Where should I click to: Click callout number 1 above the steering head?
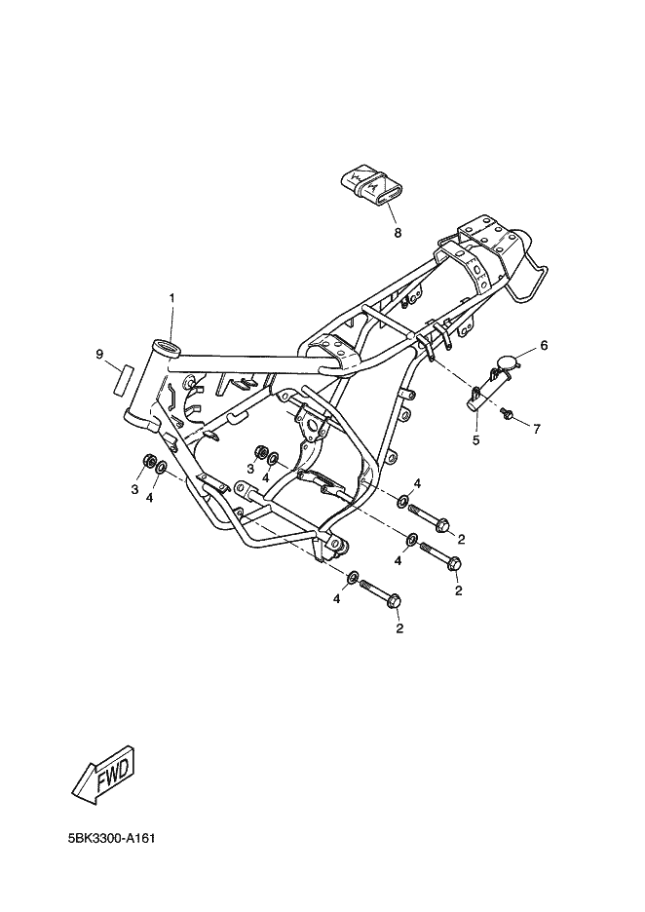[172, 296]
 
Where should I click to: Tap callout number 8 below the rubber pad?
[398, 233]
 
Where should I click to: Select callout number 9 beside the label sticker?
[99, 356]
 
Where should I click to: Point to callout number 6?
[544, 345]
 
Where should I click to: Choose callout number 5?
[476, 439]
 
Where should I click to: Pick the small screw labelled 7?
[507, 416]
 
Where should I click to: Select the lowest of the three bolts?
[381, 593]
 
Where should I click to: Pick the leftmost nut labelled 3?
[149, 462]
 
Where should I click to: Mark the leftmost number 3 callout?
[134, 489]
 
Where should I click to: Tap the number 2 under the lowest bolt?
[398, 628]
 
